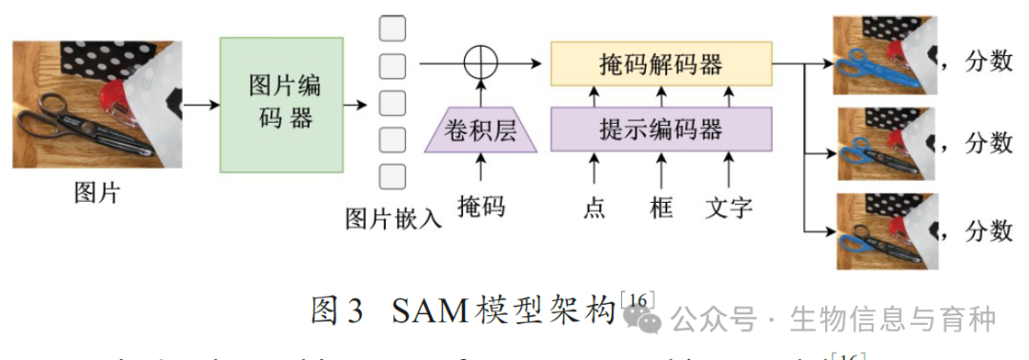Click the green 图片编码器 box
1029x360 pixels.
(x=281, y=104)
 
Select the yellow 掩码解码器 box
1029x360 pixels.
(x=660, y=65)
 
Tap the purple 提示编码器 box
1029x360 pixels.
(x=660, y=130)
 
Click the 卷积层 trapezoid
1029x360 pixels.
(x=481, y=130)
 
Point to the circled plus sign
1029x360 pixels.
(x=481, y=64)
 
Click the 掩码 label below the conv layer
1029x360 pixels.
(x=481, y=206)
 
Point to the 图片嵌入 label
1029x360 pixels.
(x=393, y=219)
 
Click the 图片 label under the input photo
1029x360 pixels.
(x=97, y=193)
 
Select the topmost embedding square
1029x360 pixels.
(x=393, y=29)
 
